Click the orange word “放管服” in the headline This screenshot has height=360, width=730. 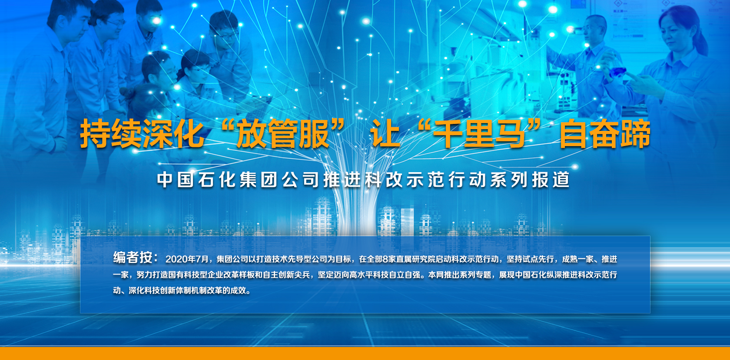[282, 134]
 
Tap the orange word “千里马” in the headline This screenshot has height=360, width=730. [478, 134]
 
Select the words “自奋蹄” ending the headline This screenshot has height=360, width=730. [605, 134]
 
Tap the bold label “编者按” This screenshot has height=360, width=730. [133, 257]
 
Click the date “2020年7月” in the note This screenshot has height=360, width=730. [187, 259]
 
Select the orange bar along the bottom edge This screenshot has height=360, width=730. [365, 353]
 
